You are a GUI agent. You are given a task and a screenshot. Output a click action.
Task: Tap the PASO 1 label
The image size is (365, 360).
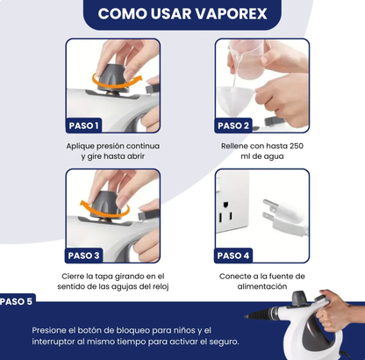point(83,126)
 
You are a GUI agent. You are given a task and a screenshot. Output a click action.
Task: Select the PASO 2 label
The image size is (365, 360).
point(233,126)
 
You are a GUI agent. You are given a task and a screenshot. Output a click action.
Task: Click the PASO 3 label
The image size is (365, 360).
point(83,256)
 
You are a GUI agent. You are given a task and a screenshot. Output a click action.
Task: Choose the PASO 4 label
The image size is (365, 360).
point(233,256)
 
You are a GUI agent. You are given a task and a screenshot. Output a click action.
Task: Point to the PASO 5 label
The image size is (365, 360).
point(17,301)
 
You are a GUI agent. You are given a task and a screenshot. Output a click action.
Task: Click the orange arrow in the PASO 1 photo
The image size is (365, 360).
point(116,82)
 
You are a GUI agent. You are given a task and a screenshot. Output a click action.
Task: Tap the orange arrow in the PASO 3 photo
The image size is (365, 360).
point(104,210)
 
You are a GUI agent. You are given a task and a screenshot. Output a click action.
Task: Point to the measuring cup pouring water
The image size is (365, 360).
point(247,59)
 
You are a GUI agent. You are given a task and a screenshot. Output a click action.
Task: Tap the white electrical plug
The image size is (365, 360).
point(283,216)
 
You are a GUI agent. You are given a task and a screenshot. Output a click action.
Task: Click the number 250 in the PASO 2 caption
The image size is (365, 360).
point(295,146)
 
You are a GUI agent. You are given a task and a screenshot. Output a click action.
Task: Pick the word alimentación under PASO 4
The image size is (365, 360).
point(262,286)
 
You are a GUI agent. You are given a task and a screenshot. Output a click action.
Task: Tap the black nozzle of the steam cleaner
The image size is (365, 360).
point(261,313)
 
